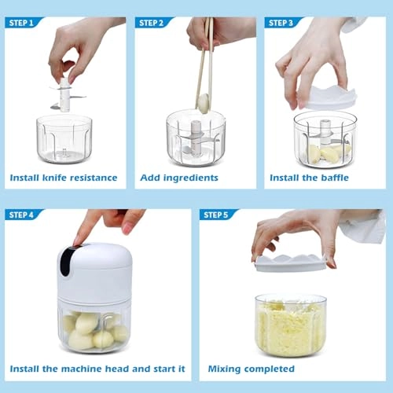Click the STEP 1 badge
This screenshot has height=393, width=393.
point(23,22)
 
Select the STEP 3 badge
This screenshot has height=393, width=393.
point(283,22)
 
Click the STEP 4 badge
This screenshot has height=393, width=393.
point(23,215)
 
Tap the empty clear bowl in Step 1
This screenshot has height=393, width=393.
point(64,139)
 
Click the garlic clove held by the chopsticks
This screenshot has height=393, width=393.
point(203,101)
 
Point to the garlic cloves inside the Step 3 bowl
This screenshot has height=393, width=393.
point(325,152)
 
